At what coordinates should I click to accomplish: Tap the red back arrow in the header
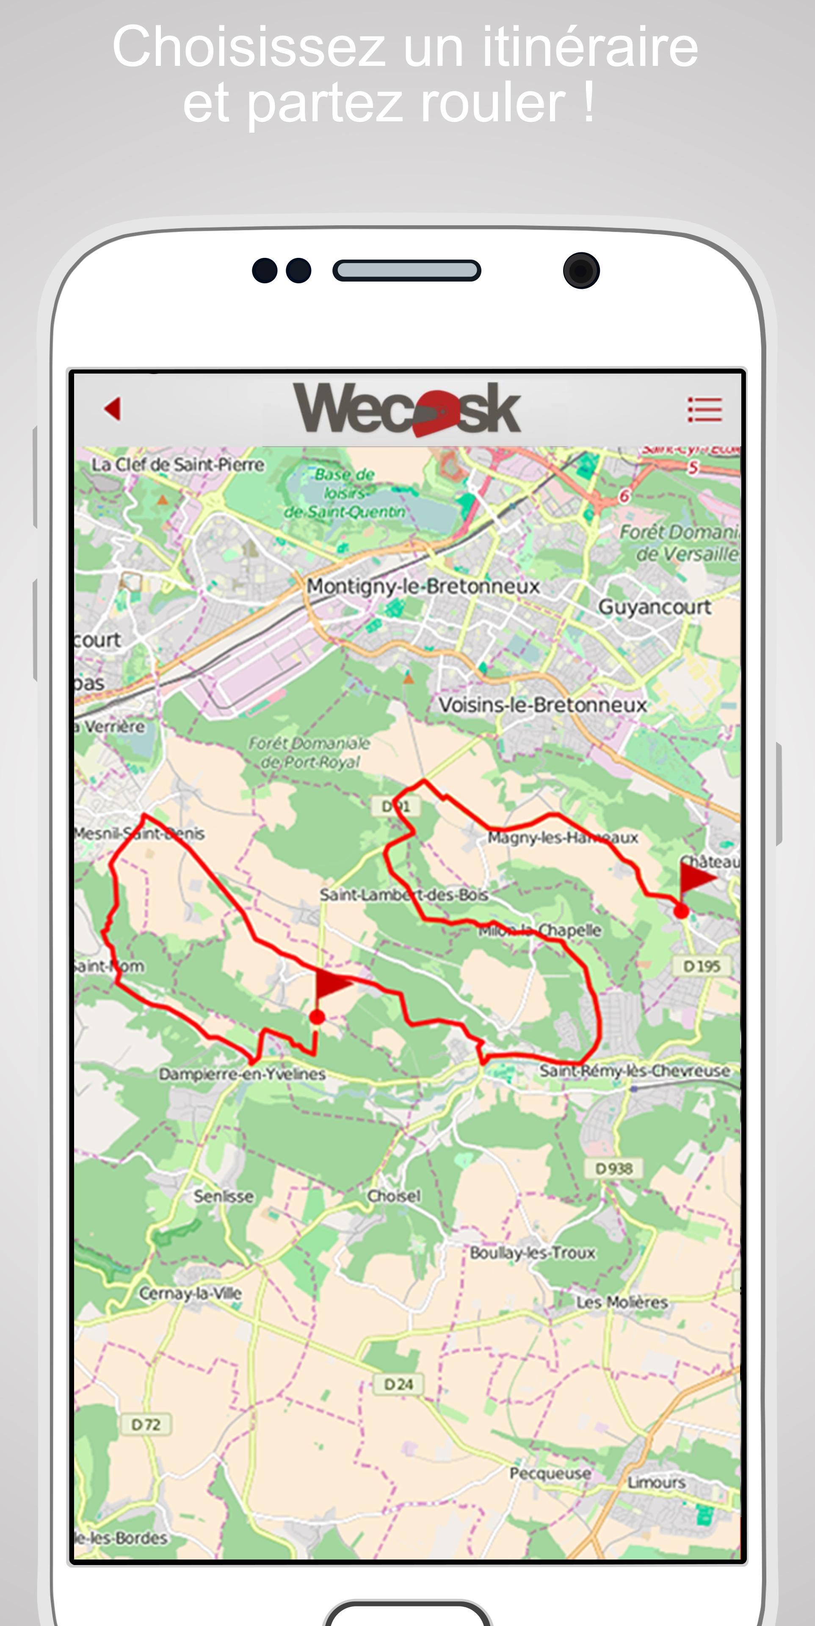click(113, 408)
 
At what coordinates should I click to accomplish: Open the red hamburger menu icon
click(704, 409)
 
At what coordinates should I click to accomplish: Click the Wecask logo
click(407, 409)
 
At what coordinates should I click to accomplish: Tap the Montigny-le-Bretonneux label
click(423, 586)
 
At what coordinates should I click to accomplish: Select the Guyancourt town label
click(654, 607)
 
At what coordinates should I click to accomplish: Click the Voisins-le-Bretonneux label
click(542, 705)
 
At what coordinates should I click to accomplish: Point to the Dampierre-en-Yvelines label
click(242, 1074)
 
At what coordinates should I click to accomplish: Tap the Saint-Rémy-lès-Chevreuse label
click(635, 1070)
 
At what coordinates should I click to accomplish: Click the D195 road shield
click(702, 966)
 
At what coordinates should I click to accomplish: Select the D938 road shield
click(613, 1168)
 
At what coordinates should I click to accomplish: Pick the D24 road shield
click(398, 1384)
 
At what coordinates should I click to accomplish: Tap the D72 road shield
click(145, 1424)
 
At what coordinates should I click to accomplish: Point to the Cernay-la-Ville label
click(190, 1293)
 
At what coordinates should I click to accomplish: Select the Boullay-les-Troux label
click(532, 1253)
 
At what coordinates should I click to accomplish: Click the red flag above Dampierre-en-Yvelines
click(332, 984)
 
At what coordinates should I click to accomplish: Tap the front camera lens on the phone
click(581, 271)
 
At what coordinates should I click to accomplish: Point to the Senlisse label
click(224, 1197)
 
